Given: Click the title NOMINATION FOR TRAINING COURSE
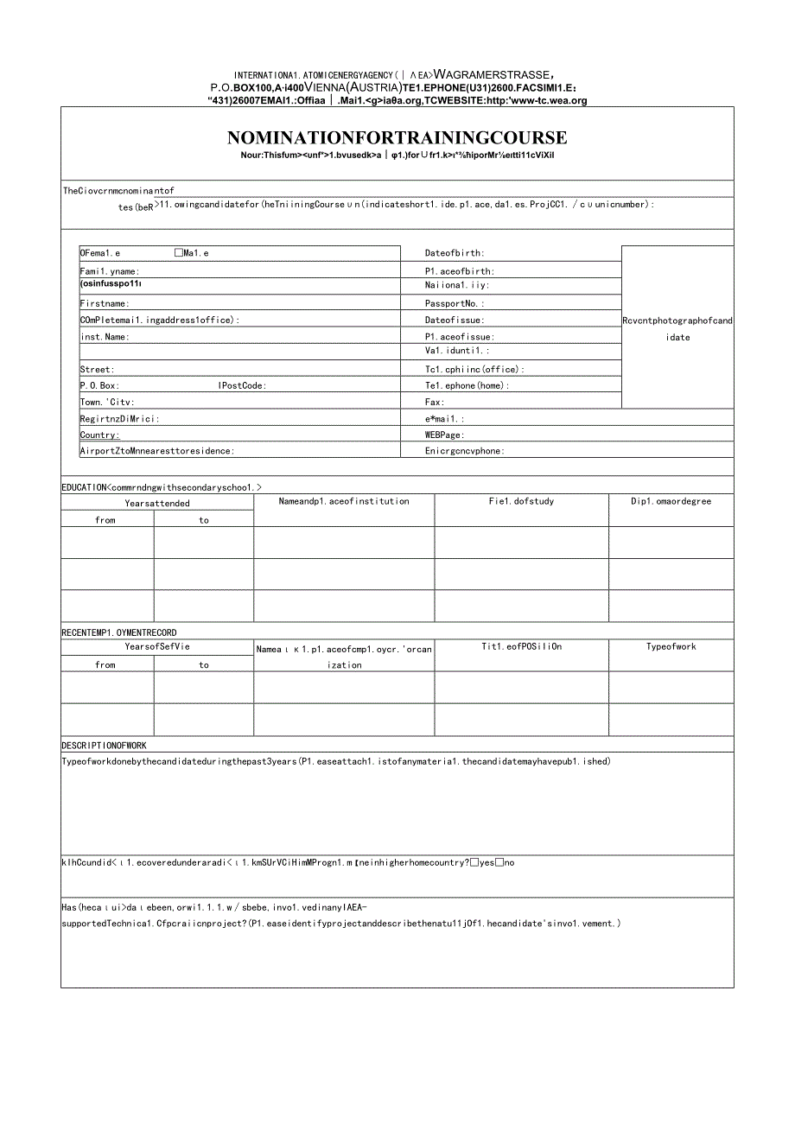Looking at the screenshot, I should (x=397, y=137).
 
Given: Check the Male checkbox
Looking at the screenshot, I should (x=179, y=253).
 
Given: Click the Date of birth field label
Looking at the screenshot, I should (x=455, y=253).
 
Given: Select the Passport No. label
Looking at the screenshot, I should (x=455, y=303).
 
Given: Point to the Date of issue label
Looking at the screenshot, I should (x=455, y=320).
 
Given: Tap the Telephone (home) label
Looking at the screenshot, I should (x=467, y=385).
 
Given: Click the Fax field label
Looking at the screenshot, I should (x=435, y=402).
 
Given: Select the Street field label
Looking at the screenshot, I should (x=98, y=369).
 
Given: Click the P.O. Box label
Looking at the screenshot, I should (x=100, y=385).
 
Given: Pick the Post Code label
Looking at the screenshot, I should (x=243, y=385).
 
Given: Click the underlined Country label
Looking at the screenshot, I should (x=100, y=435).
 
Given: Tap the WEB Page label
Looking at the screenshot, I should (x=444, y=435).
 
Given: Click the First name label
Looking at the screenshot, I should (x=105, y=303).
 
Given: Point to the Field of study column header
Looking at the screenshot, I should (x=521, y=501).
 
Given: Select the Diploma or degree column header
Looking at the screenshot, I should (x=671, y=501).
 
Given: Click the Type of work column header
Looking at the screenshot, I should (x=671, y=646).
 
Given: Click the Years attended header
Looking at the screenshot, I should (x=156, y=503).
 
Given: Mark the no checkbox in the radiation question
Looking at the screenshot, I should (x=500, y=862).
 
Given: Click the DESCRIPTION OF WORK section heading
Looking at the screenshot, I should (x=104, y=745).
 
